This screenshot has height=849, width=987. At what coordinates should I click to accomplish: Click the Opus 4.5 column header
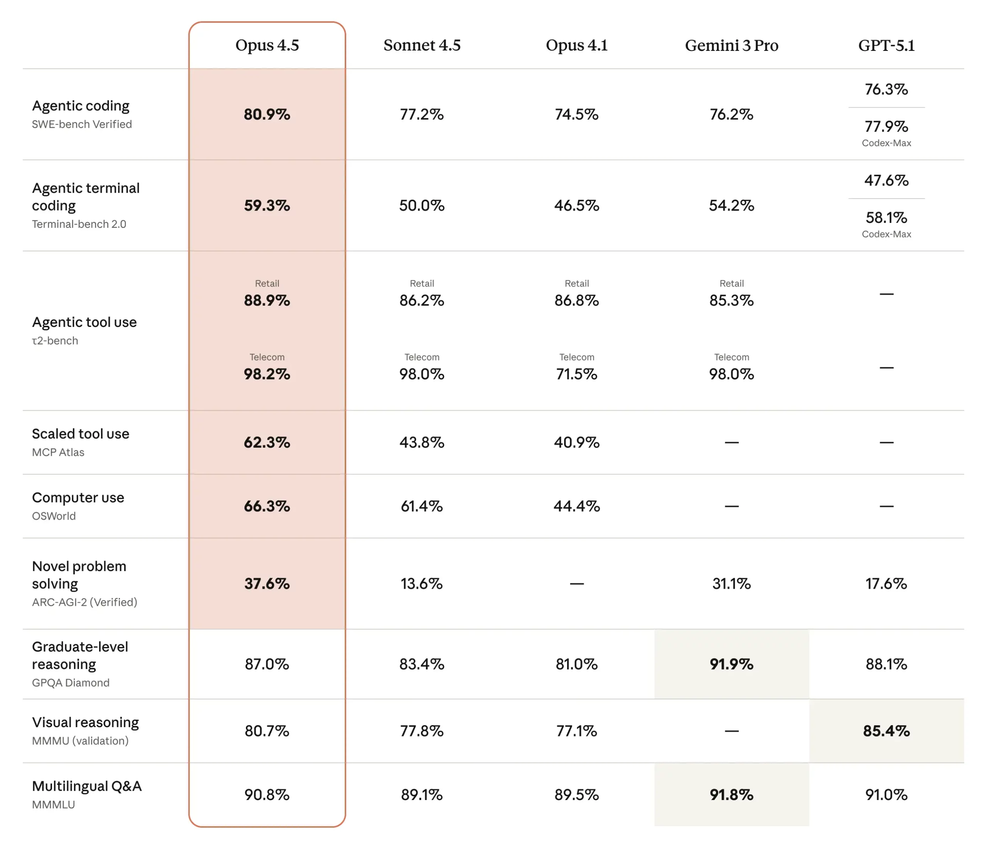pyautogui.click(x=267, y=45)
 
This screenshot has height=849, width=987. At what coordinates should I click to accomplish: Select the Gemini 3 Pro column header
pyautogui.click(x=731, y=45)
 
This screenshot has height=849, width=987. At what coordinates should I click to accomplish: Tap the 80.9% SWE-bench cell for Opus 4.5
pyautogui.click(x=267, y=115)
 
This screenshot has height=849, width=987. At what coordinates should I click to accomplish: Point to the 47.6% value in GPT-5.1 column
pyautogui.click(x=886, y=180)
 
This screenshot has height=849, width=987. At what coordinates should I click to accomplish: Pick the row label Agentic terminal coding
pyautogui.click(x=86, y=196)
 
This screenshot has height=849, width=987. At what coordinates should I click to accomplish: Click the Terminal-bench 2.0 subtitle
pyautogui.click(x=79, y=224)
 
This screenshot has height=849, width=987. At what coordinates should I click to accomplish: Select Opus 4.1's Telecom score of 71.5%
pyautogui.click(x=576, y=374)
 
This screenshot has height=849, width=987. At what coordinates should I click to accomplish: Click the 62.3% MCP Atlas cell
pyautogui.click(x=267, y=442)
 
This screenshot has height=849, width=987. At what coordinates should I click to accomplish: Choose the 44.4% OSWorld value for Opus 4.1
pyautogui.click(x=576, y=506)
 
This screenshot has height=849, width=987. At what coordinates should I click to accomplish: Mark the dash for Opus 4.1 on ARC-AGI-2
pyautogui.click(x=576, y=584)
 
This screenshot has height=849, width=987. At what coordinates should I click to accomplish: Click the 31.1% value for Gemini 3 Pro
pyautogui.click(x=731, y=584)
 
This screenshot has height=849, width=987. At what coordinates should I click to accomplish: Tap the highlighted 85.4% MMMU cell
pyautogui.click(x=886, y=731)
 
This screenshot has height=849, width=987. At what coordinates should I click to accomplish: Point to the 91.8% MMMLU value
pyautogui.click(x=731, y=795)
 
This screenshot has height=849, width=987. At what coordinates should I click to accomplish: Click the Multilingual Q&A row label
pyautogui.click(x=87, y=786)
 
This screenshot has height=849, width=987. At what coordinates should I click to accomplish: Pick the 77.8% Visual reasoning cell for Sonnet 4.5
pyautogui.click(x=421, y=731)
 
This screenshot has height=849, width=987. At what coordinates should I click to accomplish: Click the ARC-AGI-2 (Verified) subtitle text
pyautogui.click(x=84, y=602)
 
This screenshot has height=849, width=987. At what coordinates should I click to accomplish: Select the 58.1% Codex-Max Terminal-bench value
pyautogui.click(x=886, y=218)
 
